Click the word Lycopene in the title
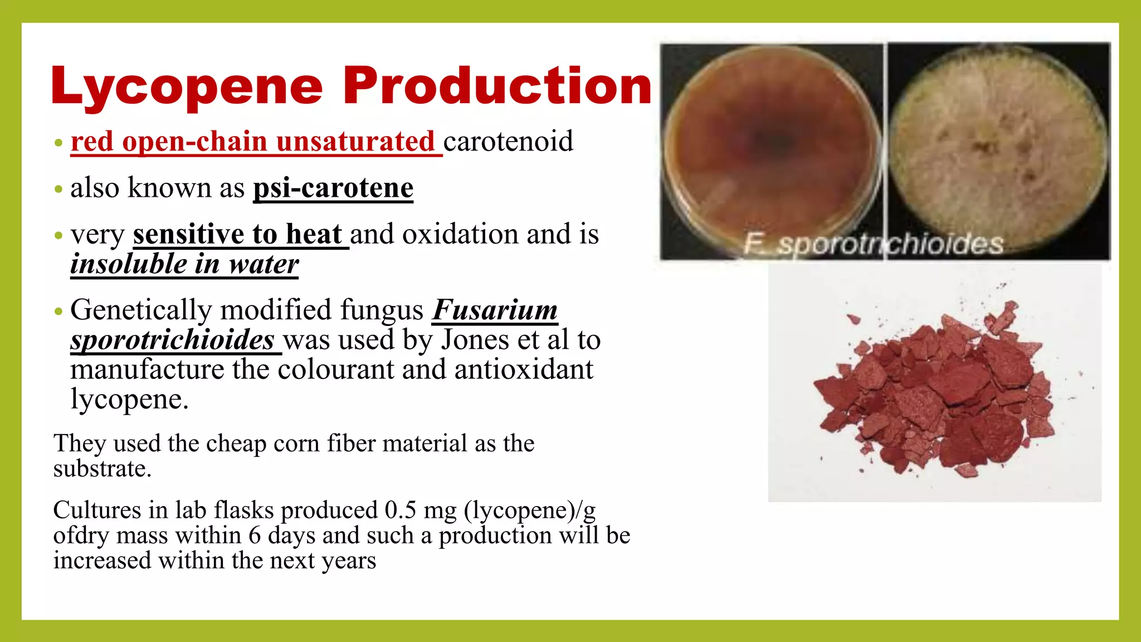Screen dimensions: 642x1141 tap(187, 86)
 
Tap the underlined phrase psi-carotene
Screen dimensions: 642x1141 tap(333, 188)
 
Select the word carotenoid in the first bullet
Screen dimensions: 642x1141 tap(508, 142)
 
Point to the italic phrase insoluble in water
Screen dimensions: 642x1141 tap(184, 264)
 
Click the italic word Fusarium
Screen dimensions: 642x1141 tap(495, 310)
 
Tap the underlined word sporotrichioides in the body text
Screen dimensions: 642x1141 tap(172, 340)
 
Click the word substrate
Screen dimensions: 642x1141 tap(102, 469)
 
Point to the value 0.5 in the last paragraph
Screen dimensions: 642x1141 tap(400, 510)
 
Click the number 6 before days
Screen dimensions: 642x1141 tap(254, 536)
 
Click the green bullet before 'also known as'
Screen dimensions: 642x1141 tap(58, 189)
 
